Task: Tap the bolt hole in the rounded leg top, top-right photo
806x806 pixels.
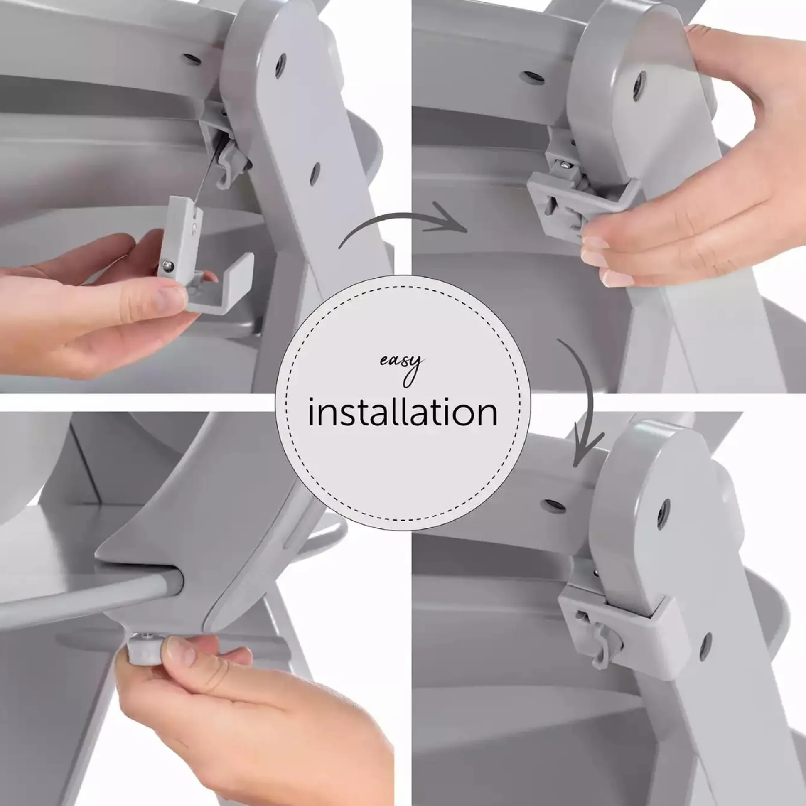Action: tap(638, 86)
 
